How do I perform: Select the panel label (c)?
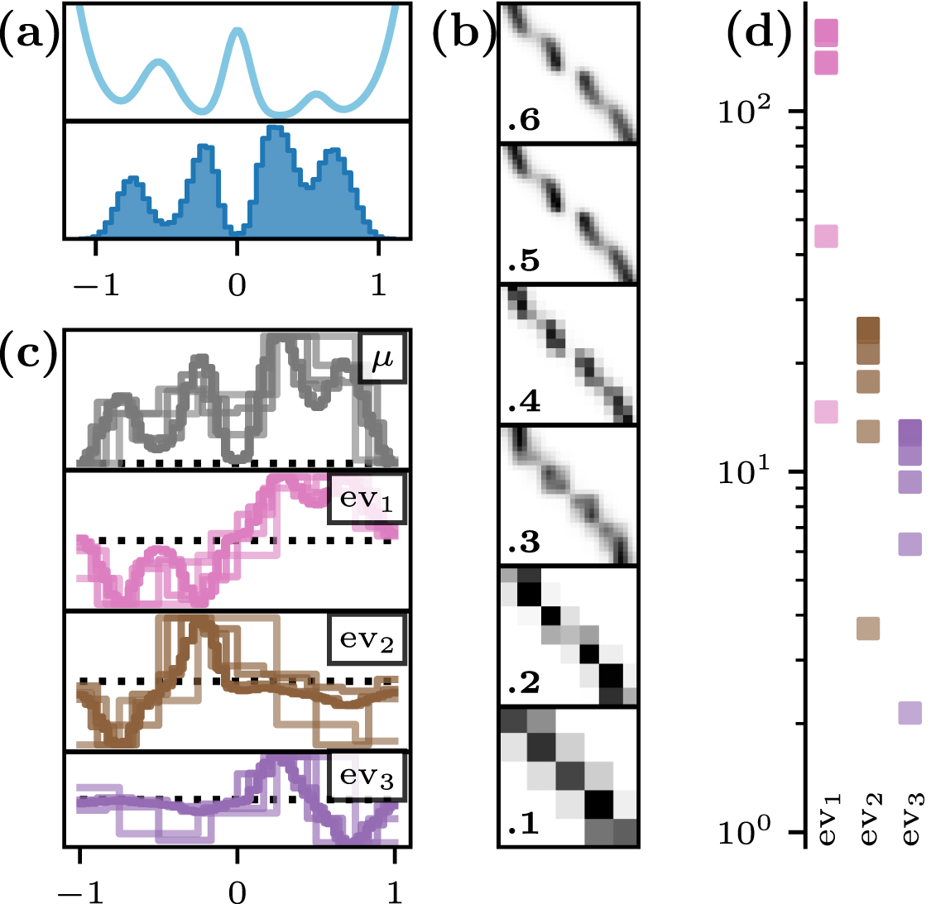pyautogui.click(x=29, y=353)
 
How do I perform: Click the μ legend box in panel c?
pyautogui.click(x=382, y=359)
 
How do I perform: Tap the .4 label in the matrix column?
pyautogui.click(x=523, y=402)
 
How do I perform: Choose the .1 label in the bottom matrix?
pyautogui.click(x=523, y=825)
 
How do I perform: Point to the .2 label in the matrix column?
pyautogui.click(x=523, y=683)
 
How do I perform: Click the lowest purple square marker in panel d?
pyautogui.click(x=909, y=713)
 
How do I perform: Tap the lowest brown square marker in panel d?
pyautogui.click(x=868, y=629)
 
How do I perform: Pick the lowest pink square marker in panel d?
pyautogui.click(x=827, y=412)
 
